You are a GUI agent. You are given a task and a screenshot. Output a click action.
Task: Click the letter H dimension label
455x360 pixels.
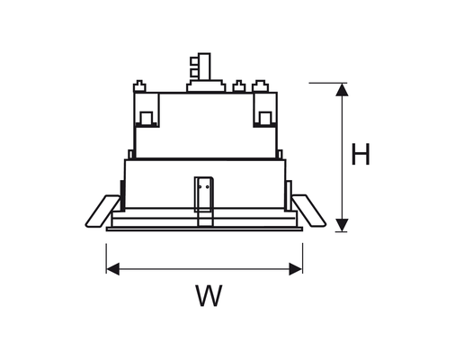point(361,154)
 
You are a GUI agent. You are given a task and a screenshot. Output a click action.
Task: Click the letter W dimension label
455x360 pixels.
point(209,295)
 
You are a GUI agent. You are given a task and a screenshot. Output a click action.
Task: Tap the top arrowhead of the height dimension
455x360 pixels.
point(342,90)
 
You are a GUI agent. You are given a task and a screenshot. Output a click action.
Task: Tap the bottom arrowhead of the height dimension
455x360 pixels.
point(342,225)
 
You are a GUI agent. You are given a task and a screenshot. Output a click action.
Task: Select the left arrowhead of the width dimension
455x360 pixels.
point(112,269)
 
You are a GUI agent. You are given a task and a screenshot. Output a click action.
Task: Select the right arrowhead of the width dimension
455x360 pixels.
point(296,269)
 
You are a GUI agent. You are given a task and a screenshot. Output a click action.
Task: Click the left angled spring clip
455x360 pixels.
point(103,211)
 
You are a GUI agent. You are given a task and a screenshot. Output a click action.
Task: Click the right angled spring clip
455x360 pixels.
point(309,211)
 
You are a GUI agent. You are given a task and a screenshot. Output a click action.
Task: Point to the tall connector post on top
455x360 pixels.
point(204,67)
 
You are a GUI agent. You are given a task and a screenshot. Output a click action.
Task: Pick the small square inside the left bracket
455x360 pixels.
point(147,118)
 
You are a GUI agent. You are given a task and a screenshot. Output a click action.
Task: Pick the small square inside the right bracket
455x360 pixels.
point(265,118)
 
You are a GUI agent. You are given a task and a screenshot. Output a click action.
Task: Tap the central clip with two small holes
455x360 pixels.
point(204,194)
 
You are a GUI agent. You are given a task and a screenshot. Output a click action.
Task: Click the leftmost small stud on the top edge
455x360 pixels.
point(139,86)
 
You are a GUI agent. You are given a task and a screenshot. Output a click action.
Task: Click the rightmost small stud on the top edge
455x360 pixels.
point(260,86)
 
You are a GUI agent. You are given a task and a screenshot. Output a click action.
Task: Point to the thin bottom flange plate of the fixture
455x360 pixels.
point(204,229)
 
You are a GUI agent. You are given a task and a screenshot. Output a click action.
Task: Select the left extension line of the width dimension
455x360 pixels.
point(106,258)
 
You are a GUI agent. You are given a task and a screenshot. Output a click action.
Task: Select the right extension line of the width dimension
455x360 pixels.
point(302,258)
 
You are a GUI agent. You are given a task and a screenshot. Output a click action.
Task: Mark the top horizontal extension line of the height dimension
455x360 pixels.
point(328,83)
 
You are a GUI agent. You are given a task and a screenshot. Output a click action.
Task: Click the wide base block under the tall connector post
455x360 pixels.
point(206,86)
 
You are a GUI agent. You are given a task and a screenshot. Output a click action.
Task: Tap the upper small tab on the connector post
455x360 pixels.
point(194,60)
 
